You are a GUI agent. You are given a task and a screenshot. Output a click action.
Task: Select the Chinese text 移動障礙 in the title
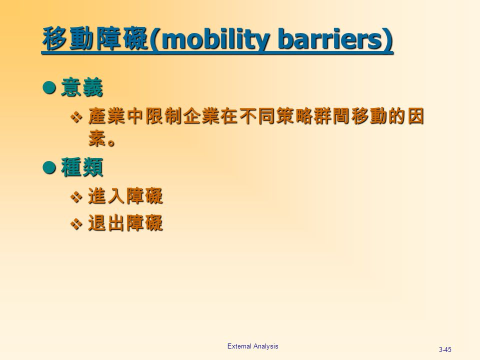coord(95,39)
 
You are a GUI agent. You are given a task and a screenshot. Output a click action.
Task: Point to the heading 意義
coord(82,89)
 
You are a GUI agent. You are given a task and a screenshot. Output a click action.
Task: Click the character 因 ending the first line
coord(414,117)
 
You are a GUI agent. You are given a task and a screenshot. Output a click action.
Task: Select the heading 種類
coord(82,169)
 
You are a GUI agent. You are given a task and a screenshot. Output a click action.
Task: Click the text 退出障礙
coord(125,224)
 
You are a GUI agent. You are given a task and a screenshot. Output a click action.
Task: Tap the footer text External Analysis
coord(252,346)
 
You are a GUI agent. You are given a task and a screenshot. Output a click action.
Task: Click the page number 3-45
coord(444,349)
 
